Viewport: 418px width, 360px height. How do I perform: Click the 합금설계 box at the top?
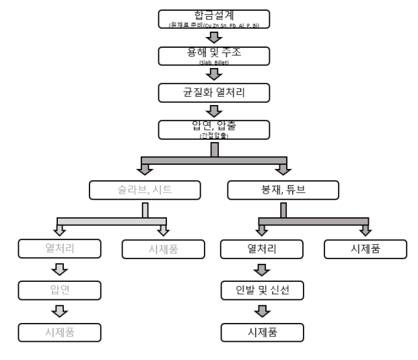[x=212, y=18]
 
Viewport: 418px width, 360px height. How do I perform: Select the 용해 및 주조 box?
[x=212, y=55]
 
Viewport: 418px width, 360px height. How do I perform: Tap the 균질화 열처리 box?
[x=212, y=92]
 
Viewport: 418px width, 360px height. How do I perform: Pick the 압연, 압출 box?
[x=212, y=129]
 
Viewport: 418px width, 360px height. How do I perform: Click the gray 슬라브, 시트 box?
[x=145, y=190]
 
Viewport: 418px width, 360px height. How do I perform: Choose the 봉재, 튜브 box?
[x=283, y=190]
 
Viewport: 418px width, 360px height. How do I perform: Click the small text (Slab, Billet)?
[x=212, y=61]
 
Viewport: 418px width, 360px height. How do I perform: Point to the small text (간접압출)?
[x=212, y=135]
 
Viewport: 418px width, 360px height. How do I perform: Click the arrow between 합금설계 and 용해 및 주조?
[x=212, y=36]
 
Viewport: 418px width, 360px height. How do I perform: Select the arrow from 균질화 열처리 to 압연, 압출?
[x=212, y=110]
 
